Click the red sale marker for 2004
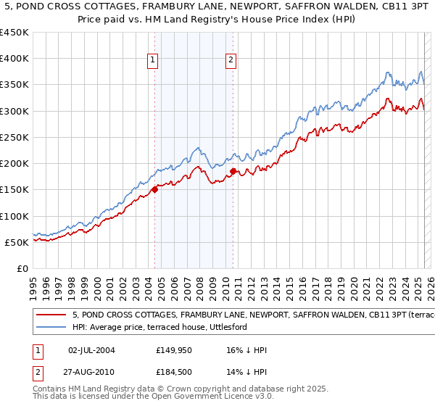point(155,190)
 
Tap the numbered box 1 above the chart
point(154,60)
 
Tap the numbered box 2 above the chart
point(231,60)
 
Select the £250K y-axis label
point(14,138)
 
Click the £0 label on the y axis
point(23,269)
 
